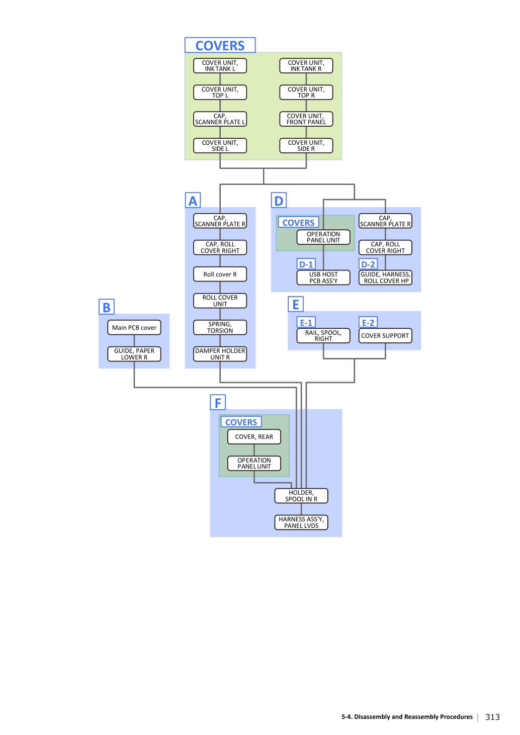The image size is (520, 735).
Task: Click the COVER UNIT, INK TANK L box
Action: [220, 66]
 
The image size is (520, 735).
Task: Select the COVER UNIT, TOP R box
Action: [306, 92]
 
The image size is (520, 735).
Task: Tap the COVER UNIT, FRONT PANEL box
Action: [306, 119]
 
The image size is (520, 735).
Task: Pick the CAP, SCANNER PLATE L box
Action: [220, 119]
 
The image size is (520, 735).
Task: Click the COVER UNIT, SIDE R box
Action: [306, 145]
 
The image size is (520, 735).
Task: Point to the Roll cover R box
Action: [220, 274]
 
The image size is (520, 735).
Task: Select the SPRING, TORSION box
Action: [220, 327]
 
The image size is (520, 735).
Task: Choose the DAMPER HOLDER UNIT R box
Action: [220, 354]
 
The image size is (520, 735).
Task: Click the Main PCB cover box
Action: [134, 327]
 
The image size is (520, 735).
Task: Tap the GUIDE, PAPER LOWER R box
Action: [134, 354]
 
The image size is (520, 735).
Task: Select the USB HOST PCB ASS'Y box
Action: [323, 278]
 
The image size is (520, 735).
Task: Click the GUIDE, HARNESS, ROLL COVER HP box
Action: [385, 278]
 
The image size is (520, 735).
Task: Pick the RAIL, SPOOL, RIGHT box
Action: [323, 335]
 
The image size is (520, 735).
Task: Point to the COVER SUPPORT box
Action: [385, 335]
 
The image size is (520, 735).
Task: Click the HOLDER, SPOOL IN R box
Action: [301, 496]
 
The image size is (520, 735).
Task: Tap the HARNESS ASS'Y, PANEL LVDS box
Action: [301, 522]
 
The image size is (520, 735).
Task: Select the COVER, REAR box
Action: [254, 436]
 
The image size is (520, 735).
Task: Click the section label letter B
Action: [107, 307]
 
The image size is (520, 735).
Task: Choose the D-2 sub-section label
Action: [368, 264]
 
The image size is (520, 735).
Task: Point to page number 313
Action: [492, 717]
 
